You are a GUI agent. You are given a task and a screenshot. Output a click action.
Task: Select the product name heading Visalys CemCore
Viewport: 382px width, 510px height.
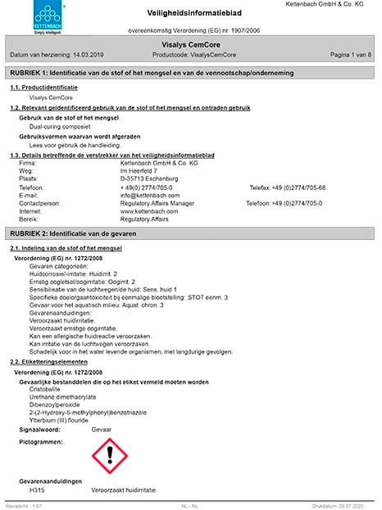(x=191, y=44)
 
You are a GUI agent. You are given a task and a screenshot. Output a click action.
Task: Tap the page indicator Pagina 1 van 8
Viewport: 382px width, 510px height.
(x=348, y=54)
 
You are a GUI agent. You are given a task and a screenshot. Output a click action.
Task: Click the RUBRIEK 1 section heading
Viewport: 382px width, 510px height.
(x=190, y=74)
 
